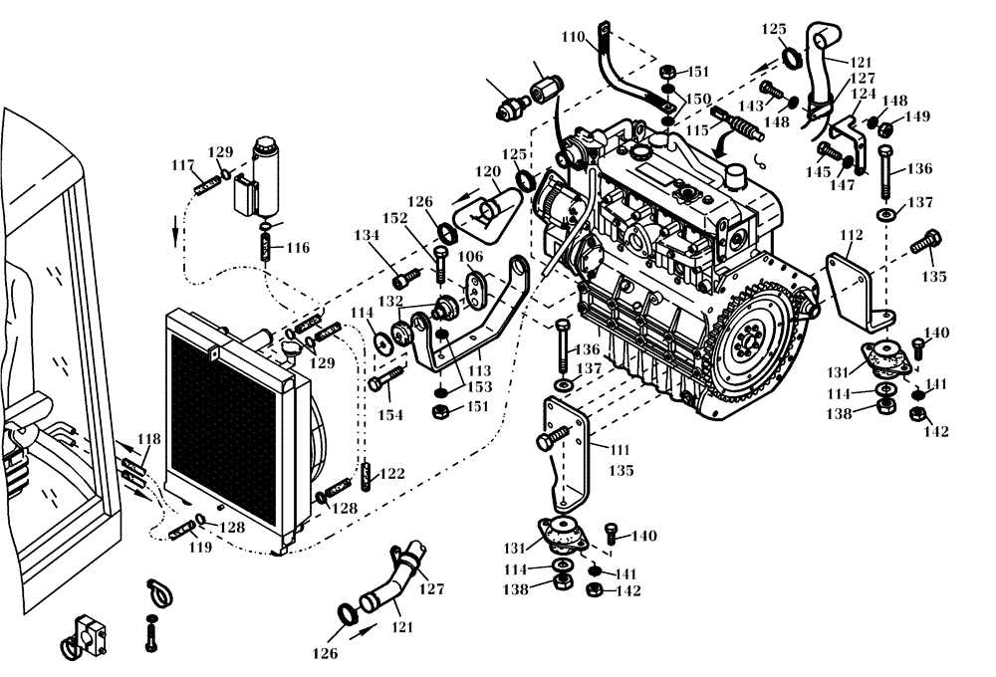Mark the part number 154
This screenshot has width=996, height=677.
(390, 414)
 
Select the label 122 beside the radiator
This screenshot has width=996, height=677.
(391, 474)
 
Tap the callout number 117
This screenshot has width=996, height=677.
(182, 165)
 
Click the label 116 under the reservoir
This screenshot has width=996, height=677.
(298, 247)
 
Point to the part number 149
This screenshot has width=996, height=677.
(916, 116)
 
